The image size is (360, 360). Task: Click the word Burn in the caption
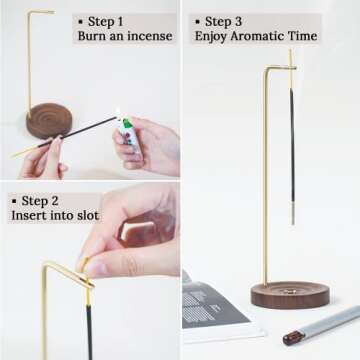[x=94, y=37]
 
